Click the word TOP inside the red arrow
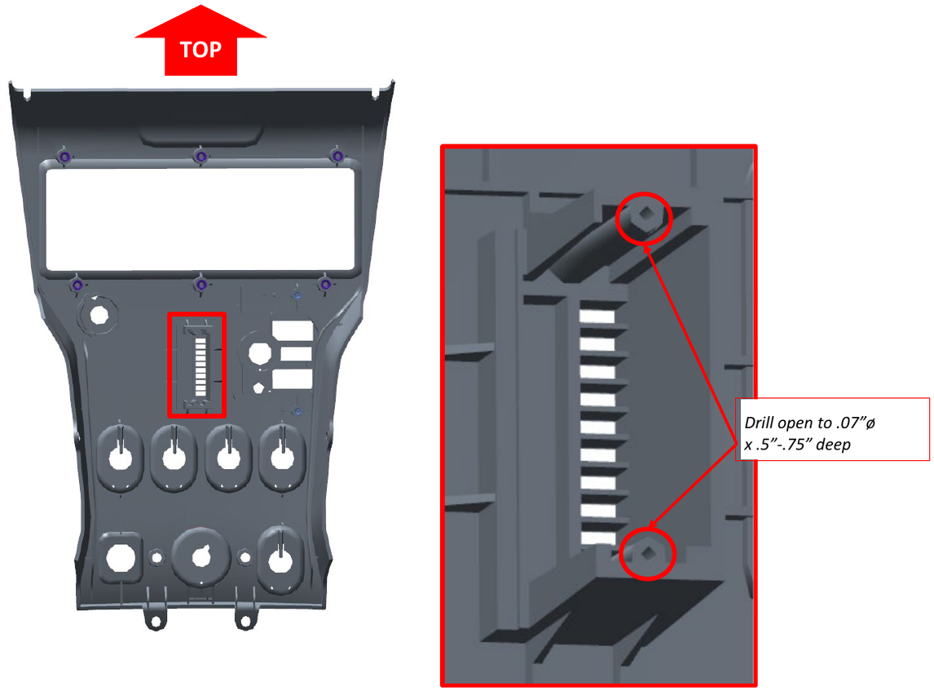click(200, 50)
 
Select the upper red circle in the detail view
click(644, 218)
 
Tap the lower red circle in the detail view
click(648, 554)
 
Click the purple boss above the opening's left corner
click(64, 155)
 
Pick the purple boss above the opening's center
click(200, 155)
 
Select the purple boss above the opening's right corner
click(336, 155)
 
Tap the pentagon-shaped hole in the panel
click(258, 388)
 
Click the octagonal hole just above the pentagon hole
click(259, 355)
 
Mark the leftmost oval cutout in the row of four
click(121, 458)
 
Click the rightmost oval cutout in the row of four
click(282, 458)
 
